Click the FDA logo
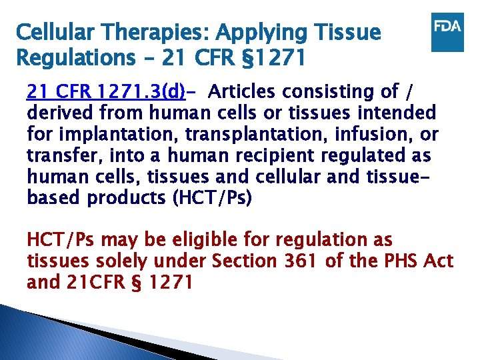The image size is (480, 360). [x=447, y=31]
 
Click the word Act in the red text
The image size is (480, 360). [x=439, y=261]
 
